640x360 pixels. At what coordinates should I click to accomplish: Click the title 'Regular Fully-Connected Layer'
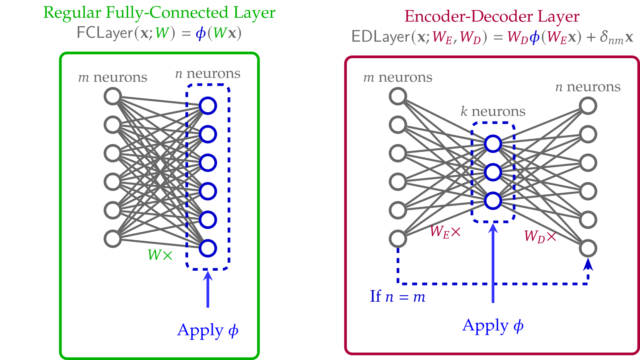159,12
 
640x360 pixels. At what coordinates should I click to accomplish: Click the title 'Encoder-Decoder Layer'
492,16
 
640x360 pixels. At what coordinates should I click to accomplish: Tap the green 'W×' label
160,255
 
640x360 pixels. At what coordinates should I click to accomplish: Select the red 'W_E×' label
445,232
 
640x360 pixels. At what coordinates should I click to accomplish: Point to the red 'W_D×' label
540,236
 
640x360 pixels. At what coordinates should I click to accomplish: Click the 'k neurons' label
493,111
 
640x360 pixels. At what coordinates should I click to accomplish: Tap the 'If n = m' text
397,297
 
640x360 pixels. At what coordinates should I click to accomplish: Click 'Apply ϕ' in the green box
208,331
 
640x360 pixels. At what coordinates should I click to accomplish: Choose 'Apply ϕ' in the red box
493,326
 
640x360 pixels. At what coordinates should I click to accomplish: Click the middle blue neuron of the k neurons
493,173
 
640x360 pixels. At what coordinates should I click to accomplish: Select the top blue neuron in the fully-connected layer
208,106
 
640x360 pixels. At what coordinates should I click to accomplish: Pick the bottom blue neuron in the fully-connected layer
208,249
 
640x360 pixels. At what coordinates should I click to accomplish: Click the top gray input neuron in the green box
113,97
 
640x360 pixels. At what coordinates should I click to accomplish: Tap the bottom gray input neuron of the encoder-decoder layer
398,239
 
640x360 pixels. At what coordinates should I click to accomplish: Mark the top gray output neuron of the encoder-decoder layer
588,106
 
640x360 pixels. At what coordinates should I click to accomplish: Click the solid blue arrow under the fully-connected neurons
208,290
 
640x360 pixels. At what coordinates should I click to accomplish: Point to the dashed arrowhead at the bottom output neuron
588,264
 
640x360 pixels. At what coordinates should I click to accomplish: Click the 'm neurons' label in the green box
113,77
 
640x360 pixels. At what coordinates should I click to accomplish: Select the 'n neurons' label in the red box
588,87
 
